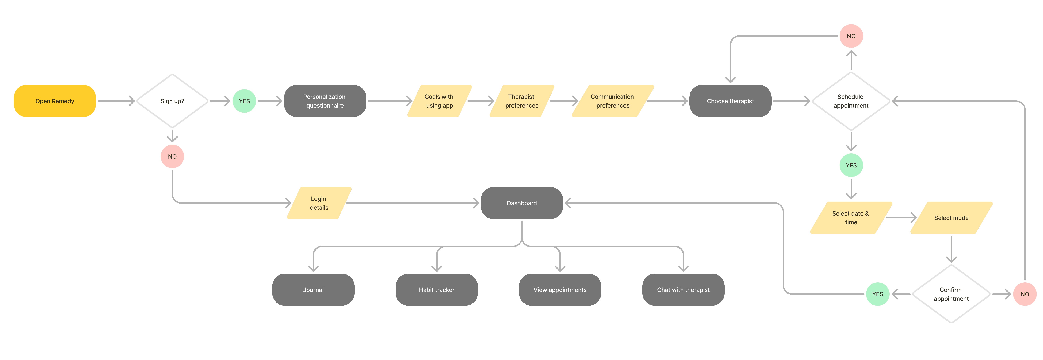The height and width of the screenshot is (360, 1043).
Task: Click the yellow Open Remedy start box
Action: point(55,101)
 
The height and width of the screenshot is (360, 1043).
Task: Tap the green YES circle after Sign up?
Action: point(244,101)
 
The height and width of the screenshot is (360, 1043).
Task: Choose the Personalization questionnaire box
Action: point(325,101)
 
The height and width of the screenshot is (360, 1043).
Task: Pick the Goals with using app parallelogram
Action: point(439,101)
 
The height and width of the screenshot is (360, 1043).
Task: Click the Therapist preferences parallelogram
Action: point(521,101)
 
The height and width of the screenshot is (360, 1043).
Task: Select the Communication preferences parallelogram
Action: point(613,101)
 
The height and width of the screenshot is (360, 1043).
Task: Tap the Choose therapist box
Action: point(730,101)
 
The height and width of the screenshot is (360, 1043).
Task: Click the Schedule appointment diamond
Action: point(851,101)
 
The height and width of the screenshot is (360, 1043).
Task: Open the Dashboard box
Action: point(521,203)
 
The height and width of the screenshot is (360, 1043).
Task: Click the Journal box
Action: point(313,290)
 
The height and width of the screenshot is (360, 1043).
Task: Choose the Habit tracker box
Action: point(436,290)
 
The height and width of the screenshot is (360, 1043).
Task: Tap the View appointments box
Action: point(560,290)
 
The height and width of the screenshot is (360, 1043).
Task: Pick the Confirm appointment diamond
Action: point(951,294)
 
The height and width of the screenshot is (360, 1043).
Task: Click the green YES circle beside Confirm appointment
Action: point(877,294)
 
